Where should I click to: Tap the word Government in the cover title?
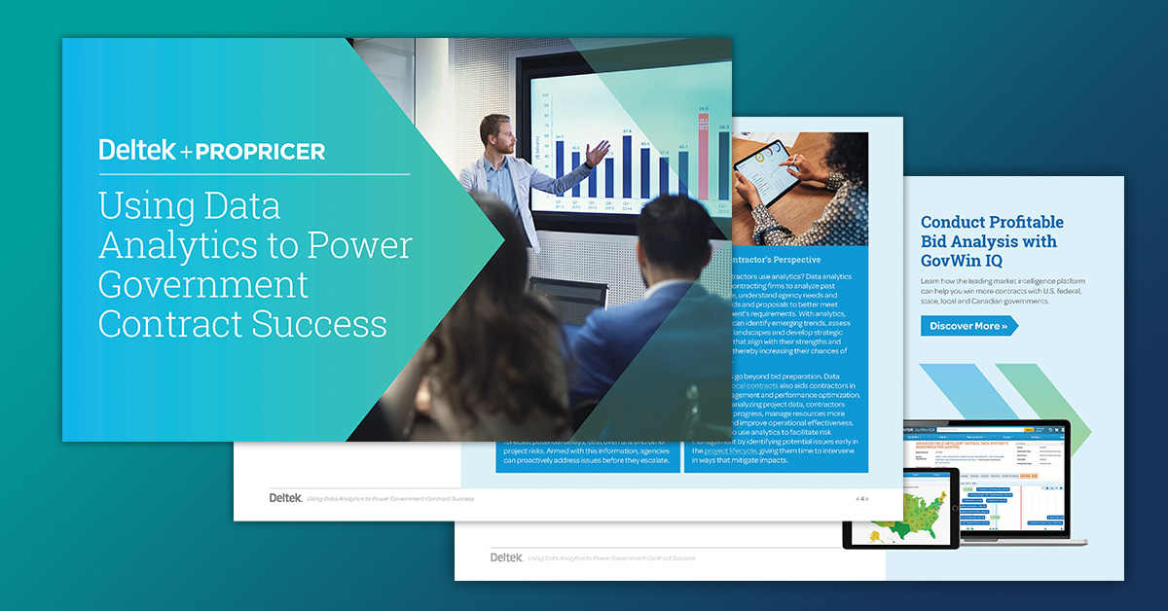coord(203,284)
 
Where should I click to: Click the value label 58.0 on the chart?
coord(723,126)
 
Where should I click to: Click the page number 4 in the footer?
coord(860,498)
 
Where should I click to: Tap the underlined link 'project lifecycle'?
coord(730,451)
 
